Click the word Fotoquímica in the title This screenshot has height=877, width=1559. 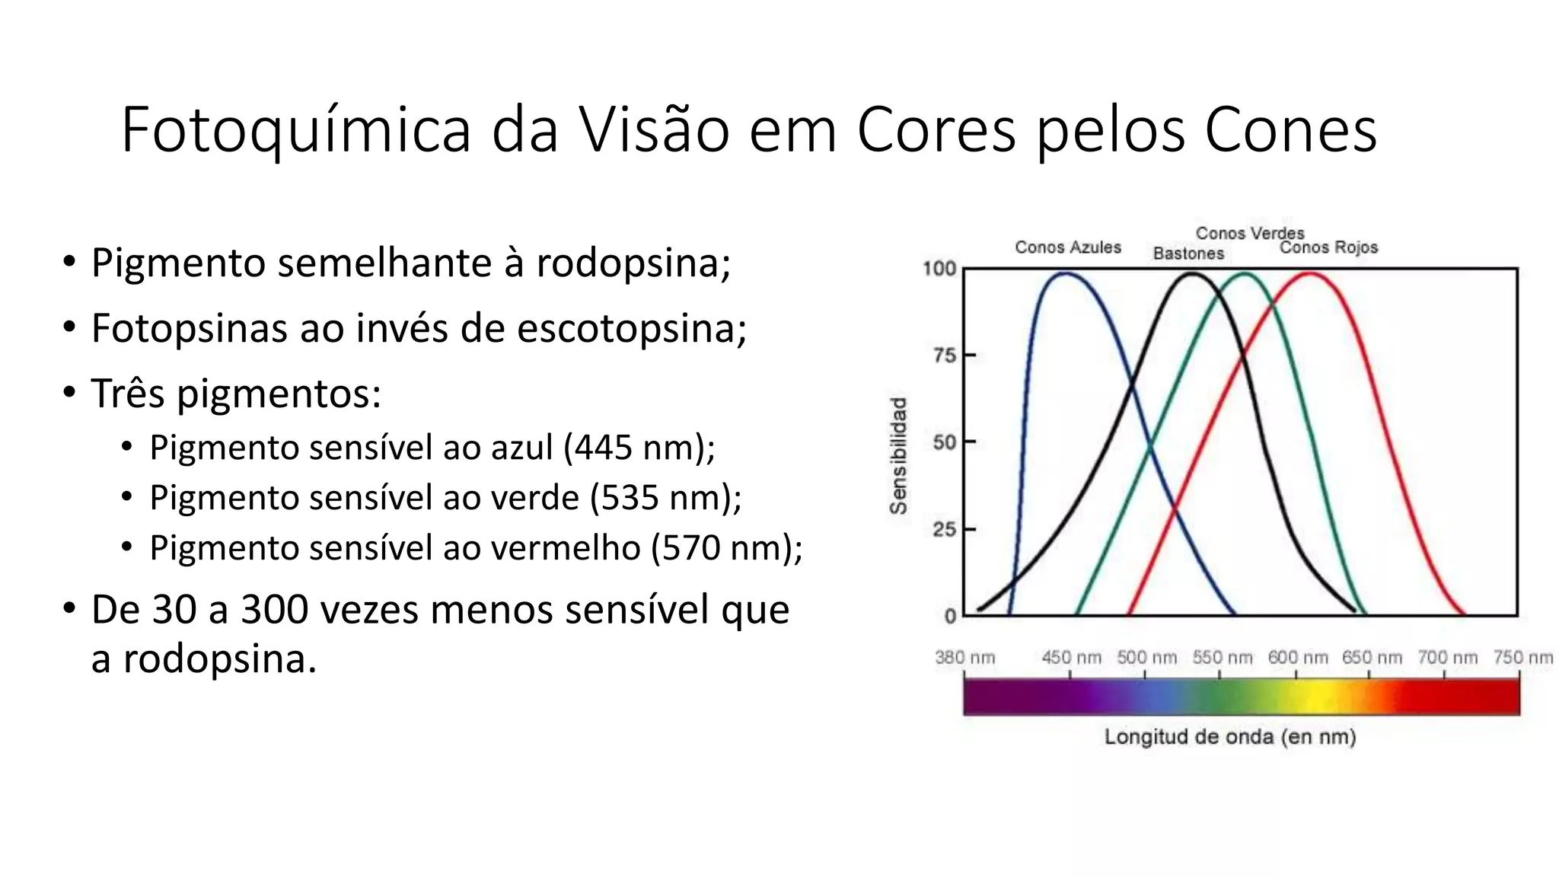click(296, 131)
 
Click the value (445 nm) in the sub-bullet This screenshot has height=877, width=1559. click(639, 447)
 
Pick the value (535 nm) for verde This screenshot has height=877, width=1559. click(665, 497)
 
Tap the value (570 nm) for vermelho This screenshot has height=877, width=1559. click(726, 547)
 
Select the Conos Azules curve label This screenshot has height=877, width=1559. click(1068, 247)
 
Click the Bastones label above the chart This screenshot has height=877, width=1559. click(1188, 254)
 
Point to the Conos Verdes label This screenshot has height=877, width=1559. click(1250, 233)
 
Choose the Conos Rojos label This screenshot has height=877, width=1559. click(1328, 247)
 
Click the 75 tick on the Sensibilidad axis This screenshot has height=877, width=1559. click(945, 356)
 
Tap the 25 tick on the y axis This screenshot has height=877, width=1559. click(945, 529)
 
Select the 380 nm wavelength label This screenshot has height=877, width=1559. click(964, 657)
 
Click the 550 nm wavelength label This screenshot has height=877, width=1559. click(1222, 657)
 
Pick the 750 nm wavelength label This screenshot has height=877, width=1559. click(1522, 657)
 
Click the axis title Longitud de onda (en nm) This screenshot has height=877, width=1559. click(1230, 737)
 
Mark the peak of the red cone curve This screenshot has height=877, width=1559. click(1310, 273)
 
